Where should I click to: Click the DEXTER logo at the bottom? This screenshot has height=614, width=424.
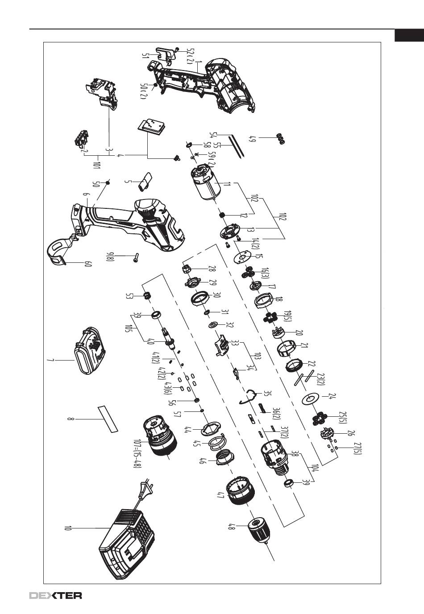[x=55, y=595]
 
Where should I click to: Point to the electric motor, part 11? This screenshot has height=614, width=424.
[x=205, y=184]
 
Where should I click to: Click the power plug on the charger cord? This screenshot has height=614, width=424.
[x=144, y=490]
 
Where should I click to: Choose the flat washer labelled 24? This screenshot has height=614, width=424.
[x=311, y=398]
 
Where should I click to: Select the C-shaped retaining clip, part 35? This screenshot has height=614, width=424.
[x=249, y=397]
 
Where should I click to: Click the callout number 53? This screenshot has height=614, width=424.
[x=130, y=296]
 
